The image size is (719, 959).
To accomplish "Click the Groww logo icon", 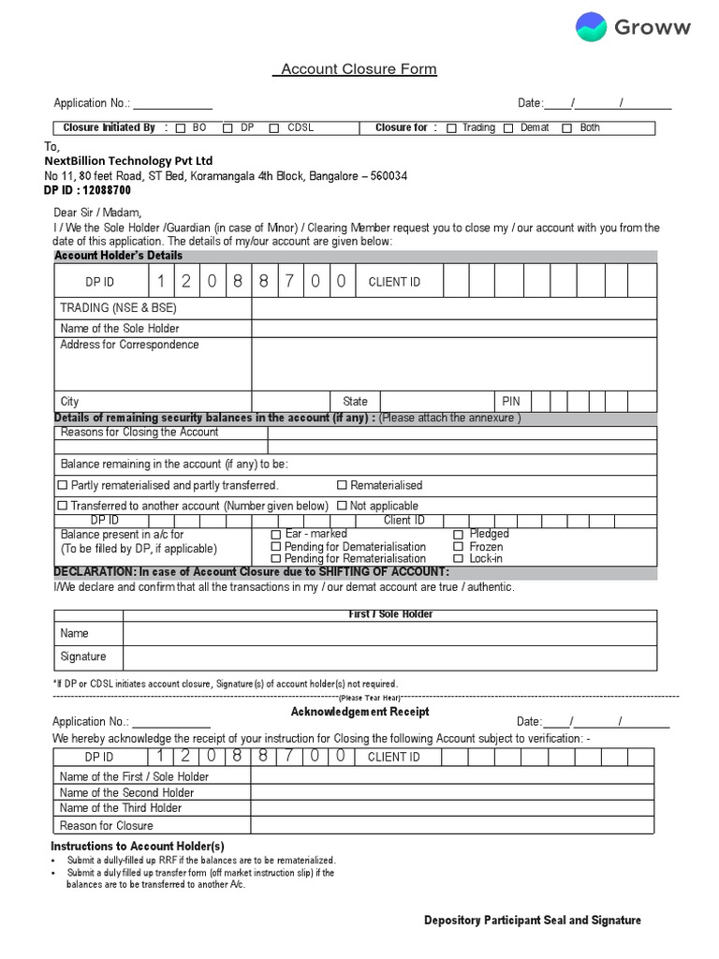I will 591,27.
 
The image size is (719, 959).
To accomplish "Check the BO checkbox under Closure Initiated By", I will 181,128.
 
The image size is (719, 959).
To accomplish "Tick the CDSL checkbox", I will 274,128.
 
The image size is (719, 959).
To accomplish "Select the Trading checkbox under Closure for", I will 451,128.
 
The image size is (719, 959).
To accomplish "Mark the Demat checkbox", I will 508,128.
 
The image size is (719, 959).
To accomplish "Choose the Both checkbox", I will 566,128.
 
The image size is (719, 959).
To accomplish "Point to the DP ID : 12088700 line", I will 87,190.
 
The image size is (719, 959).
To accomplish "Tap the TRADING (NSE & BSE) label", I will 118,308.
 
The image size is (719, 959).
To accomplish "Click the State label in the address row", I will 355,402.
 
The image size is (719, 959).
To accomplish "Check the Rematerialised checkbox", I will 342,486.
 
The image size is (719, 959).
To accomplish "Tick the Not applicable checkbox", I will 342,506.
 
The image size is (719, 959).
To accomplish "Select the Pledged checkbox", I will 459,534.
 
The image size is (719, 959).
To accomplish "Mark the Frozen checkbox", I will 459,547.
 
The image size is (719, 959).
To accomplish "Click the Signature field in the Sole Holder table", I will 389,657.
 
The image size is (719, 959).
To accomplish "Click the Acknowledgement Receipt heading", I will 359,713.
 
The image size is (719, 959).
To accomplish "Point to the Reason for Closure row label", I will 106,826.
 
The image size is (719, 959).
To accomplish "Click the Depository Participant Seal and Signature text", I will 532,921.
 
